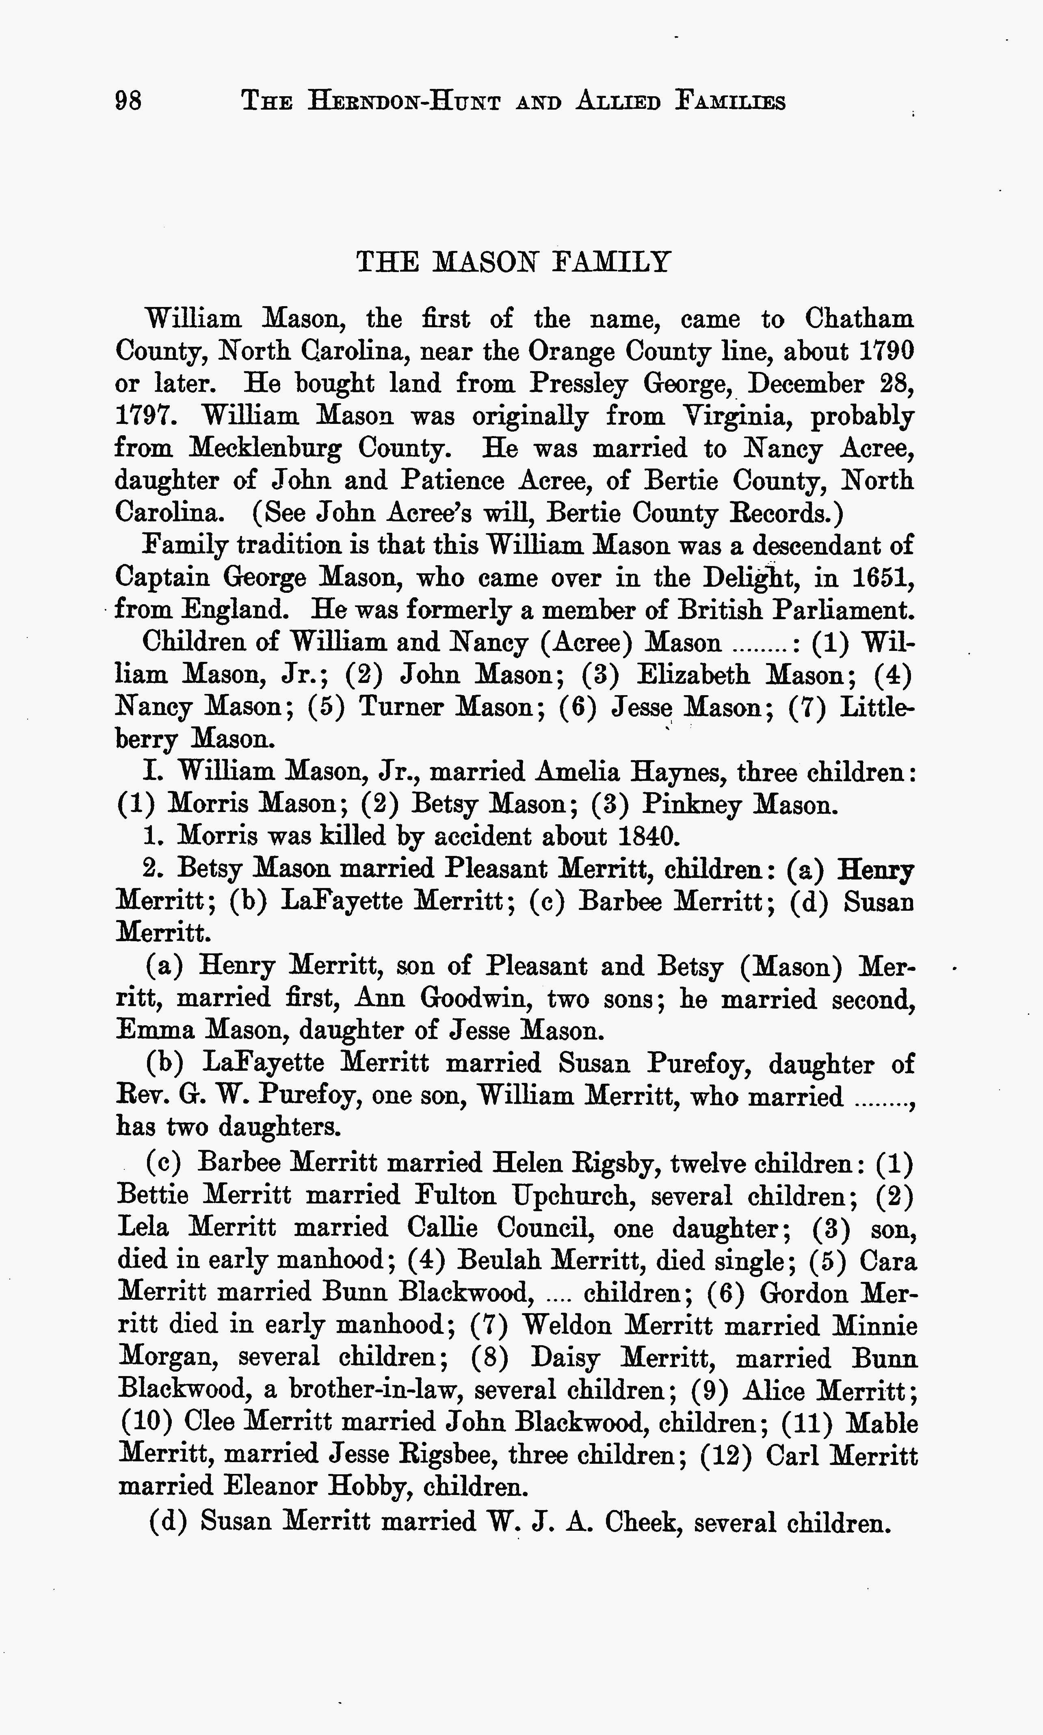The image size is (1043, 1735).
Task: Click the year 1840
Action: coord(648,836)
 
